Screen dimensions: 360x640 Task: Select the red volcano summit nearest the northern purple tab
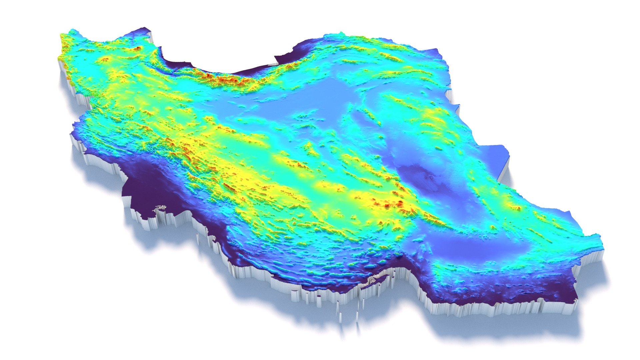pyautogui.click(x=138, y=49)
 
